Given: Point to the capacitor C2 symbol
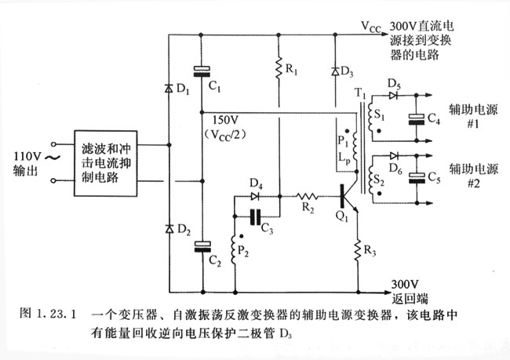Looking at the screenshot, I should [202, 247].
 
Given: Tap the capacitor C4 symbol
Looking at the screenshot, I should [417, 118].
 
